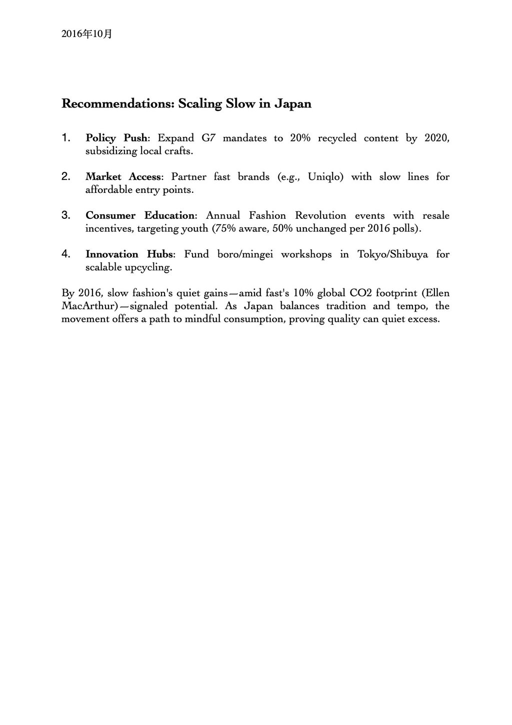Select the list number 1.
point(65,138)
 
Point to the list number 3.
point(65,215)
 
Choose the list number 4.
point(65,254)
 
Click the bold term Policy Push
point(116,138)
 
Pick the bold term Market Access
point(123,176)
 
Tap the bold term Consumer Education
point(139,215)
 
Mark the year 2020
point(436,138)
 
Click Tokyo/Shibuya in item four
point(392,254)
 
